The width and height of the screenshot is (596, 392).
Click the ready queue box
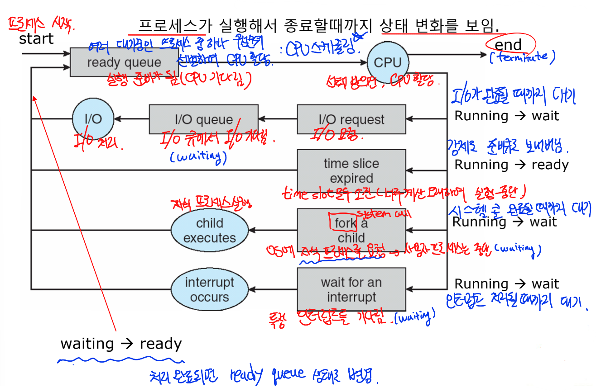[x=124, y=62]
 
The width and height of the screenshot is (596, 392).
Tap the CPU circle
[x=388, y=62]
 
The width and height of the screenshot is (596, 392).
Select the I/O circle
[x=93, y=119]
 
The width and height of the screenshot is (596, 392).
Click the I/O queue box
[x=203, y=119]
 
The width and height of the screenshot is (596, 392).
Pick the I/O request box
[x=351, y=119]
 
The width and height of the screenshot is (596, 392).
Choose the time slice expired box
[x=351, y=170]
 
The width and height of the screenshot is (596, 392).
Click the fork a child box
[x=351, y=230]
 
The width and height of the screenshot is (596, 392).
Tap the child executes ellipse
[x=210, y=231]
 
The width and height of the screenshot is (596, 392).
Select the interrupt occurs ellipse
[x=210, y=289]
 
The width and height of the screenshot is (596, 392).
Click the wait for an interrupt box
[x=351, y=289]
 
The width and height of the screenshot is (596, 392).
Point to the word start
[x=36, y=39]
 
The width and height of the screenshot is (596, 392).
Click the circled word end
[x=509, y=44]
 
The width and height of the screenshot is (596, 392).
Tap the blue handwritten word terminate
[x=522, y=57]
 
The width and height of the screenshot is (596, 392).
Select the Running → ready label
[x=511, y=165]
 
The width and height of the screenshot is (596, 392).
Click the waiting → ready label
[x=121, y=344]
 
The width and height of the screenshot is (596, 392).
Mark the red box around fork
[x=346, y=222]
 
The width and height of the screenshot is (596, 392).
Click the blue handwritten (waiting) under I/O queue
[x=198, y=156]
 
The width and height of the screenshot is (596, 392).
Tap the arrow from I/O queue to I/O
[x=131, y=119]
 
